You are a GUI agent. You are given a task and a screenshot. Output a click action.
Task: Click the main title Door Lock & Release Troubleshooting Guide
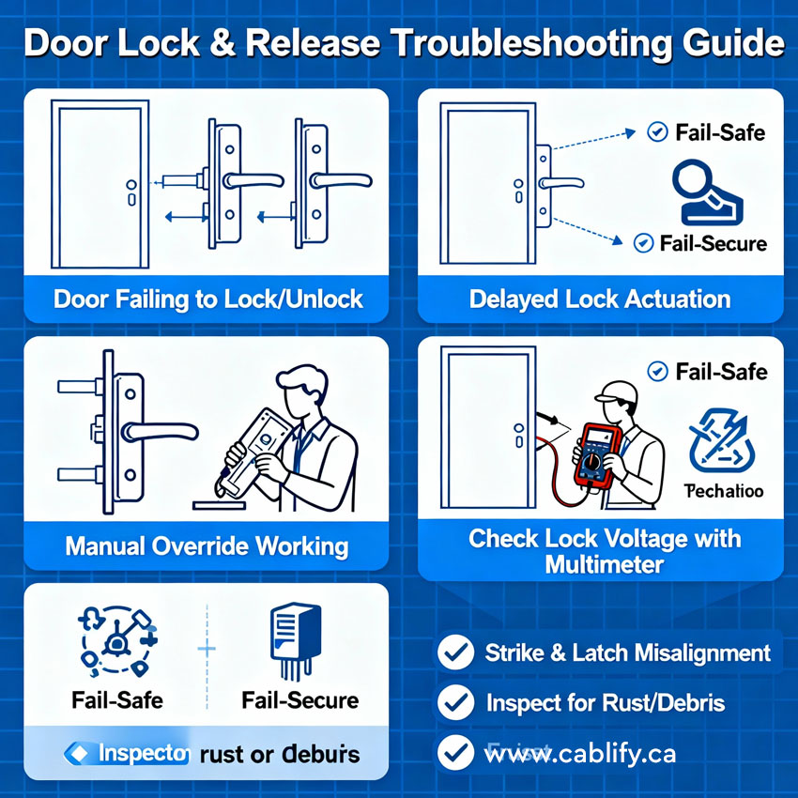tap(399, 43)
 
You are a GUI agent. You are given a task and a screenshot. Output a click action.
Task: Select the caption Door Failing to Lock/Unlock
tap(207, 299)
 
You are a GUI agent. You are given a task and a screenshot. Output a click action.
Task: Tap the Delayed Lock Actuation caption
tap(600, 299)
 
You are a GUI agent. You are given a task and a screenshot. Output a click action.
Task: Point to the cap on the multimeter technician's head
tap(615, 390)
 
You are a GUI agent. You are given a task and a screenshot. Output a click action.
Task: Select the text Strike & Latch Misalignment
tap(627, 652)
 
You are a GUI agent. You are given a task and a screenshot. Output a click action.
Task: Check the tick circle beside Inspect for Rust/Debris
tap(456, 702)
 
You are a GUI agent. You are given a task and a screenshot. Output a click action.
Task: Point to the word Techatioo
tap(723, 491)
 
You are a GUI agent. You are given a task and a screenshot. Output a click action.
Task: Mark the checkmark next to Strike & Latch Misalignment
tap(456, 652)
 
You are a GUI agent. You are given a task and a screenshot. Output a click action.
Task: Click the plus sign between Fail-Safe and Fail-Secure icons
tap(207, 649)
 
